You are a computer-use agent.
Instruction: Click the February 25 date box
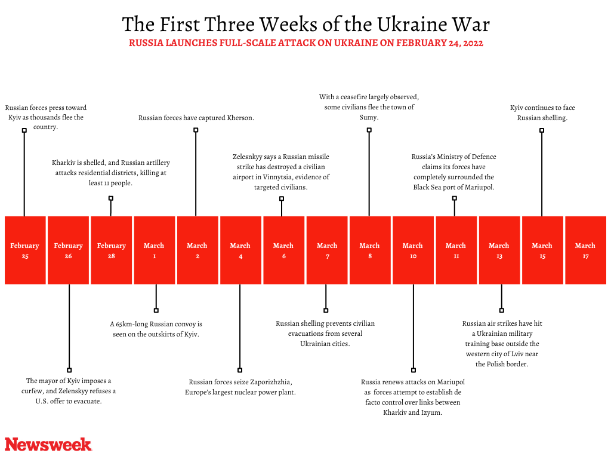(24, 250)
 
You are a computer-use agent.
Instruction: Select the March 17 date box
(585, 250)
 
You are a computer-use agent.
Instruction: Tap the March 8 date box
(369, 250)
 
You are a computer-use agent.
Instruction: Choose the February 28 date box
(111, 250)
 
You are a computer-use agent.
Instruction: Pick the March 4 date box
(240, 250)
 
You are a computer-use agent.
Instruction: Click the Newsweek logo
(48, 444)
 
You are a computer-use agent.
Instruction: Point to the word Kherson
(240, 118)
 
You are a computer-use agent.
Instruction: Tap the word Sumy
(368, 118)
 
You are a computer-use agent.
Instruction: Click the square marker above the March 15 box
(542, 130)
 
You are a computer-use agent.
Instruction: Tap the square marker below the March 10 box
(413, 370)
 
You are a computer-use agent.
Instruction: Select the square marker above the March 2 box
(196, 130)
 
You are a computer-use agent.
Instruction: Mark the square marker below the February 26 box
(69, 370)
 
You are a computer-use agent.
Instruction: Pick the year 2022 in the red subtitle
(471, 43)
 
